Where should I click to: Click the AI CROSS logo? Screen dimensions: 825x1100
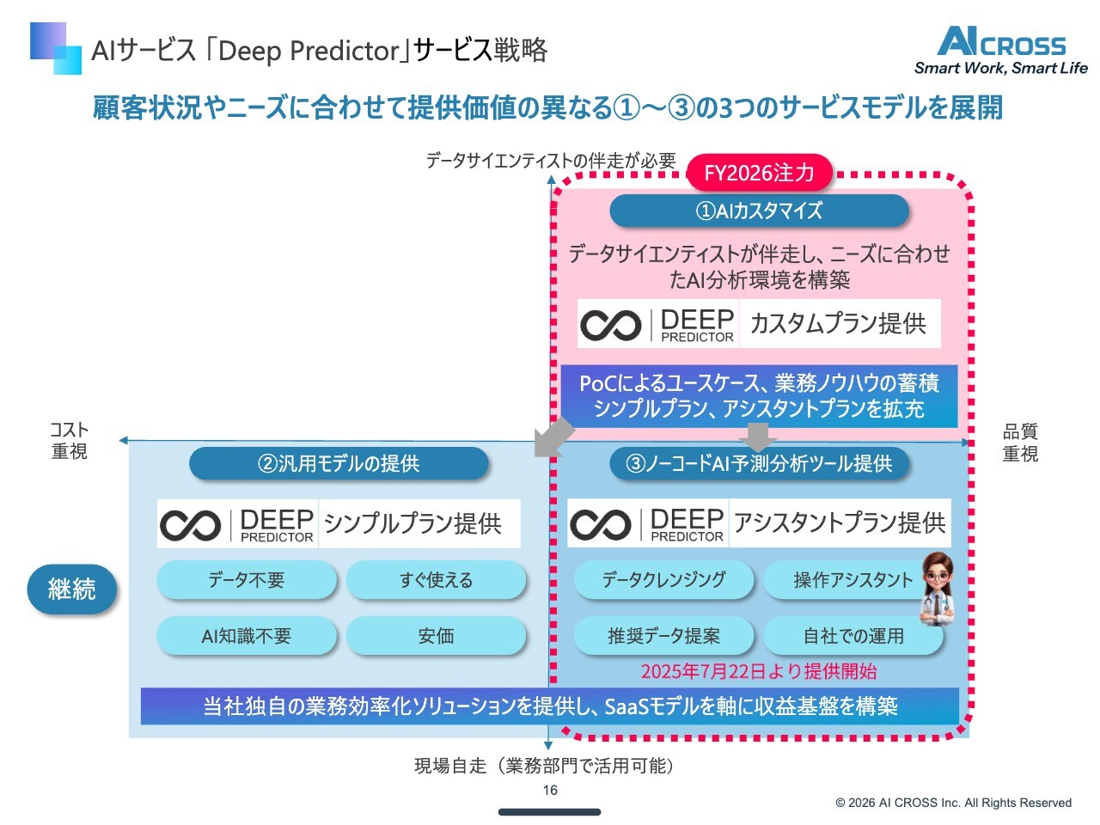[1001, 51]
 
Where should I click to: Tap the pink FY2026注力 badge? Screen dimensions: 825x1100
[759, 173]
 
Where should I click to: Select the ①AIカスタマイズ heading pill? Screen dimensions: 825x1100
[759, 211]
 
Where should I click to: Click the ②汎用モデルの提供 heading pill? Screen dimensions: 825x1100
[339, 464]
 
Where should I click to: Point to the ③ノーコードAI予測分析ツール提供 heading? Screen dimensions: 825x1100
[759, 464]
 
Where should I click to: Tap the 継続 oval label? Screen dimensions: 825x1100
[72, 590]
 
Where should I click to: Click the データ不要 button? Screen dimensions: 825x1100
[247, 580]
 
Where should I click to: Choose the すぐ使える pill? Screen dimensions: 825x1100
[436, 580]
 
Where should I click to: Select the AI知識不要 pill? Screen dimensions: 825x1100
[247, 636]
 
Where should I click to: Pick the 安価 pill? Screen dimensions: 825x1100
[436, 636]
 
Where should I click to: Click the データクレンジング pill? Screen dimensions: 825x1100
[663, 580]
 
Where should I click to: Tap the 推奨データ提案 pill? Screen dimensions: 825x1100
[663, 636]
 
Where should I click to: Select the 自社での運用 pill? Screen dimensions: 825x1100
[853, 636]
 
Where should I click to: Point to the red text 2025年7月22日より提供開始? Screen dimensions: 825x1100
[759, 671]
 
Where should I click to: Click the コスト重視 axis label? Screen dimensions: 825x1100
[70, 440]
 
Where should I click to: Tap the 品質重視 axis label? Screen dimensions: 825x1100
[1020, 442]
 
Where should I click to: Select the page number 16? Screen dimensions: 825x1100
[550, 790]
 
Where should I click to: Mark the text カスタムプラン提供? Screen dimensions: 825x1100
[838, 324]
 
